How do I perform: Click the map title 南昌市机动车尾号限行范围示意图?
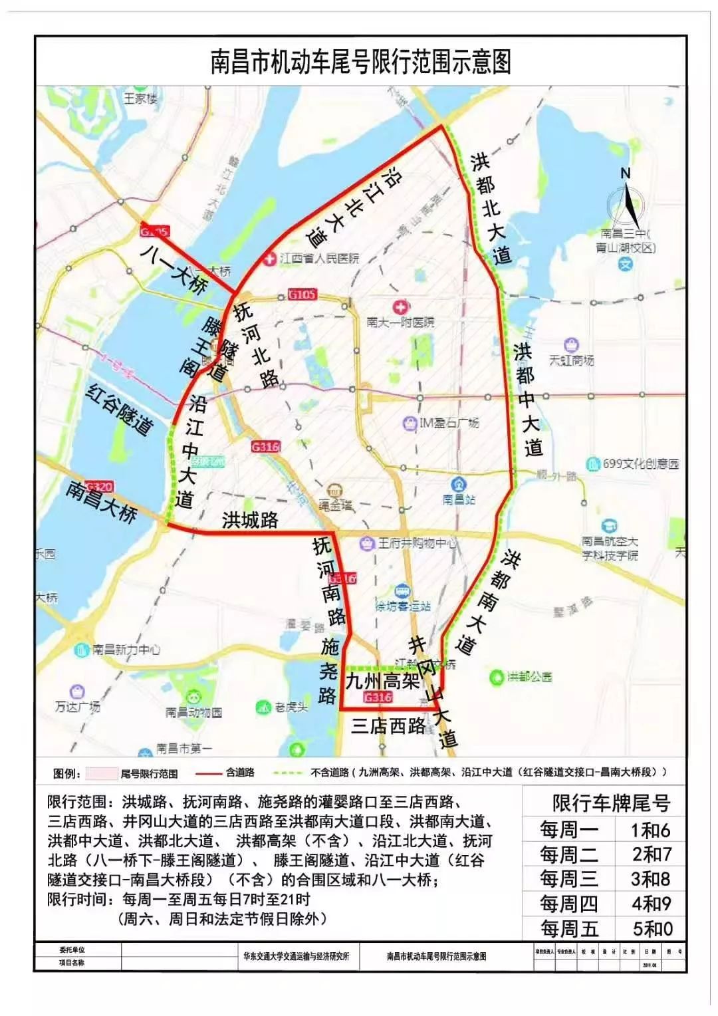(x=360, y=63)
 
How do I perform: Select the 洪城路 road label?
(x=250, y=519)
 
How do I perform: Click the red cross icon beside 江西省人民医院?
(x=269, y=258)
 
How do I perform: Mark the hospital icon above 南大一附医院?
(x=400, y=307)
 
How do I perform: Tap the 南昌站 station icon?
(x=458, y=483)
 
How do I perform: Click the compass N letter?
(x=625, y=174)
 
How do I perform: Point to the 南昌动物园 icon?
(x=193, y=698)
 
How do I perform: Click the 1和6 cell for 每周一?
(x=650, y=830)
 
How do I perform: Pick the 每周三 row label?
(x=568, y=879)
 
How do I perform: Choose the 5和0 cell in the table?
(x=652, y=928)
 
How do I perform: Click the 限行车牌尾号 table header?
(x=611, y=803)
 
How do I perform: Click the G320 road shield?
(x=100, y=487)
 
